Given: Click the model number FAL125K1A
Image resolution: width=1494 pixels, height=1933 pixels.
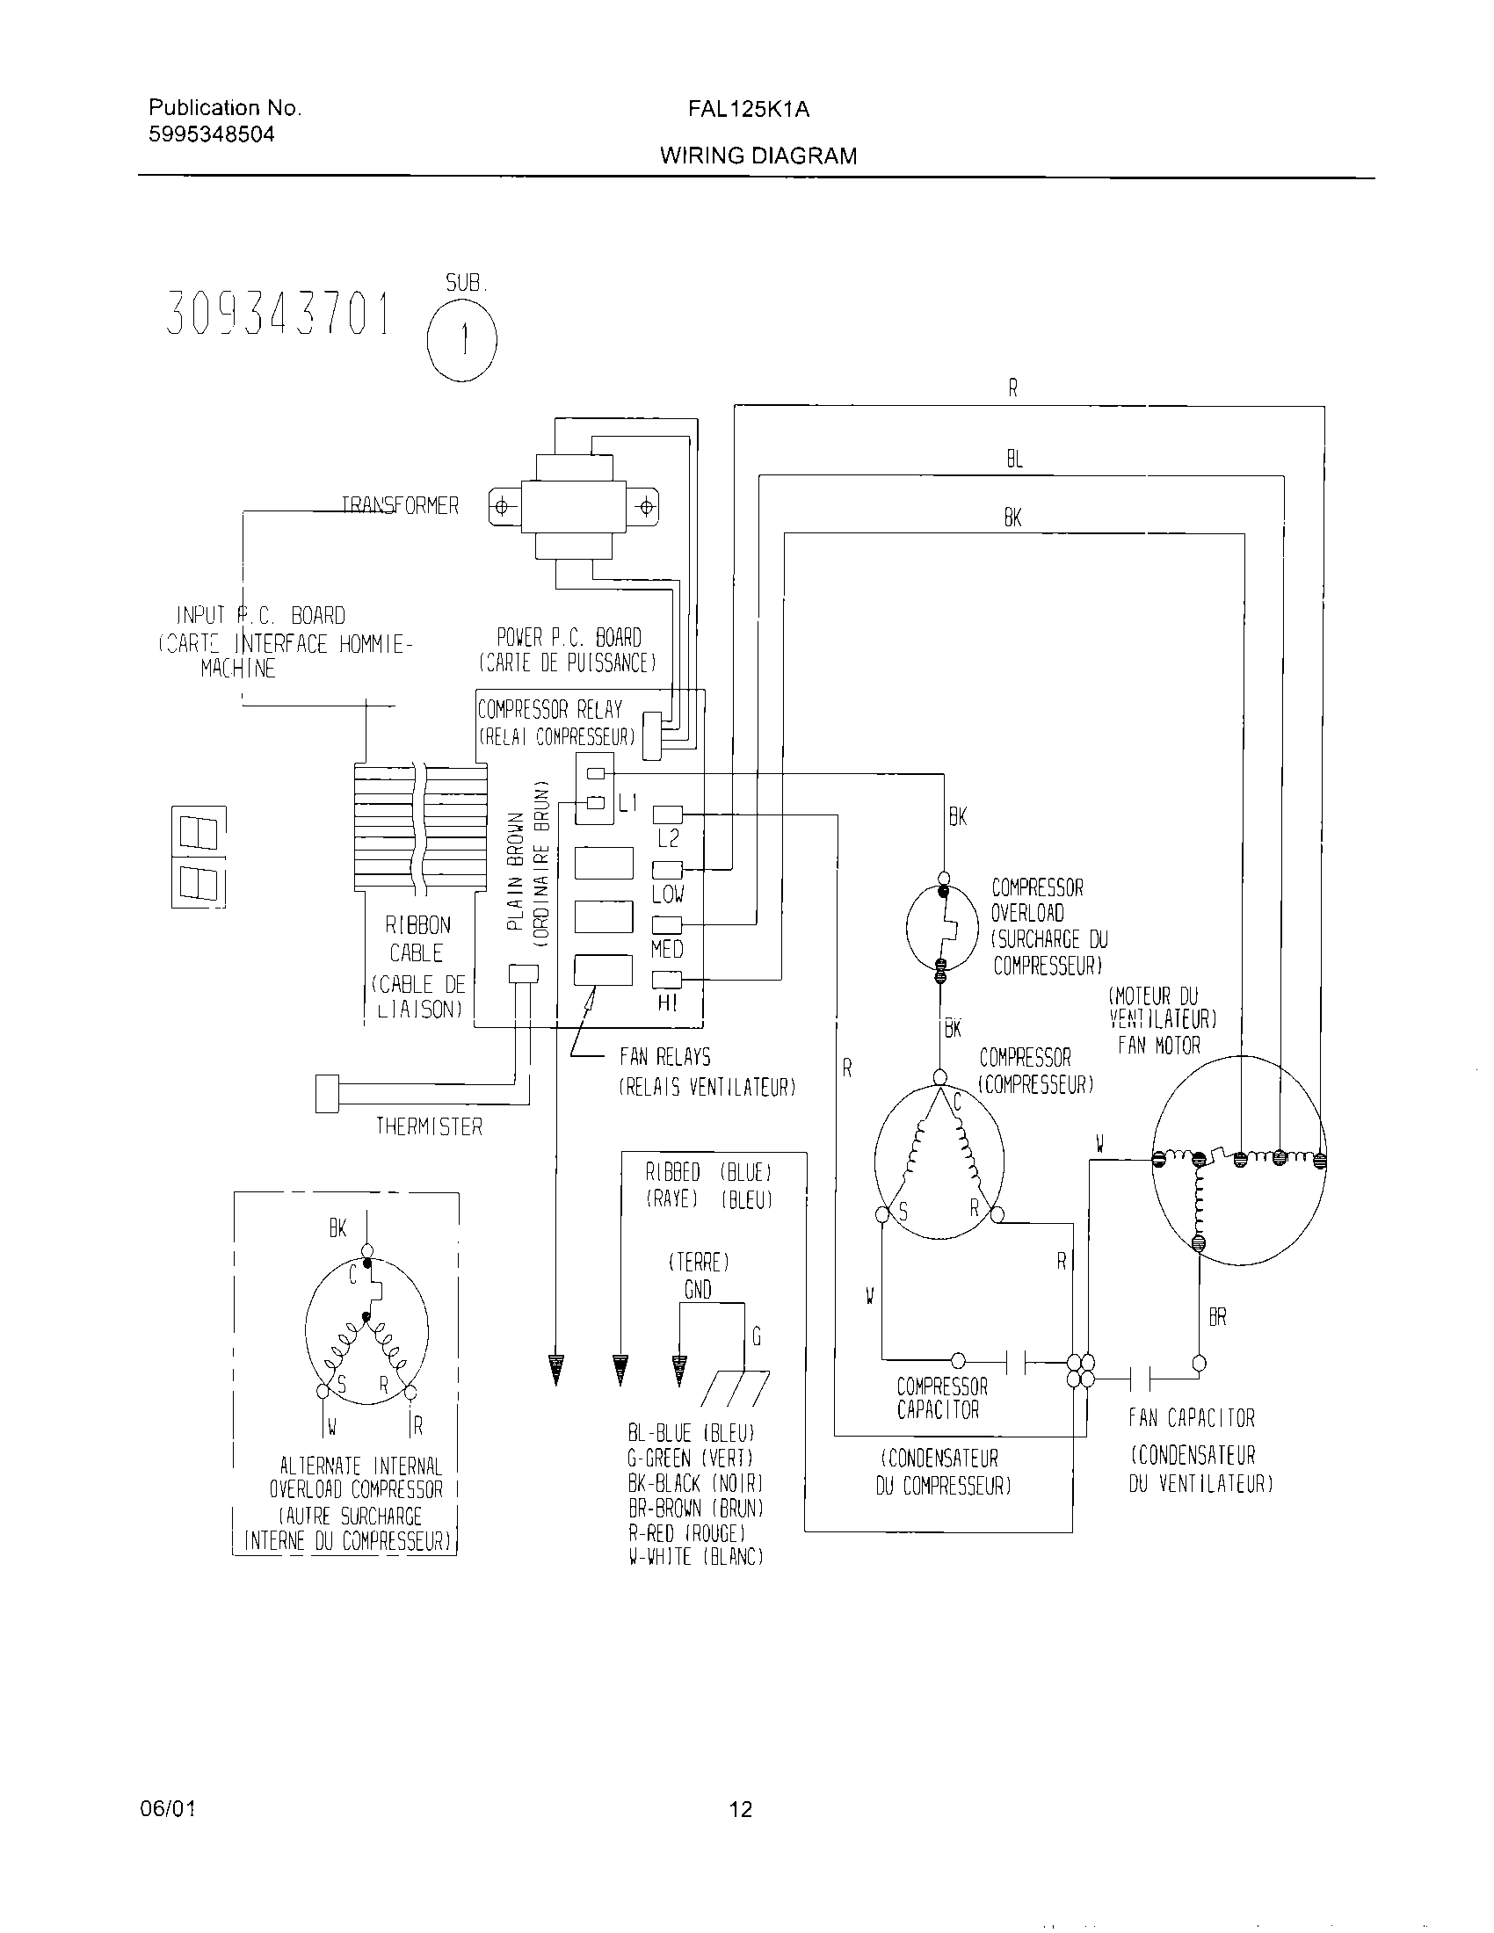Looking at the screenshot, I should (748, 109).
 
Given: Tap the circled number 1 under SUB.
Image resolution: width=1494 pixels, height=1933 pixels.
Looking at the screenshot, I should (462, 342).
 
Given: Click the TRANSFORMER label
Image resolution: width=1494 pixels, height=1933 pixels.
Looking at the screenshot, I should (401, 505).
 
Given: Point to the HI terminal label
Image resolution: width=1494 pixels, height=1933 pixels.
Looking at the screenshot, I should (667, 1003).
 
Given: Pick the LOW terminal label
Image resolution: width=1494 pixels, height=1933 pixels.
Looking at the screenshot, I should (667, 894).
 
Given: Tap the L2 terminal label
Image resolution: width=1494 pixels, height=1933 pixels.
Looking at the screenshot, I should (667, 838).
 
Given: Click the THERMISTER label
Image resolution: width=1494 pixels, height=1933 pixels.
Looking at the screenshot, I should (429, 1126).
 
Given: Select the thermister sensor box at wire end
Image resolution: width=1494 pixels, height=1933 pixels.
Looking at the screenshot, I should (327, 1093).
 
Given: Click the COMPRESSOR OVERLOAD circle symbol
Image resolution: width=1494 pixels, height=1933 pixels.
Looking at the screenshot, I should (942, 927).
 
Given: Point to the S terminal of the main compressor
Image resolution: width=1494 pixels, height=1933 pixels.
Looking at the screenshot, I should (881, 1215).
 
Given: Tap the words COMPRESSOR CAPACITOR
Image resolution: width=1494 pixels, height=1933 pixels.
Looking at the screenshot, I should (941, 1399).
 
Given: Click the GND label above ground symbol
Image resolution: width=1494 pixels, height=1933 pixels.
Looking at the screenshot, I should (698, 1290).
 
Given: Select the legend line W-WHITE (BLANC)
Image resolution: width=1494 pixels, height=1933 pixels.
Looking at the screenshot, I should (696, 1557).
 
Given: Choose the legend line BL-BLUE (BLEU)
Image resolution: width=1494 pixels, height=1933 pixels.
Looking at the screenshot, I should (692, 1433).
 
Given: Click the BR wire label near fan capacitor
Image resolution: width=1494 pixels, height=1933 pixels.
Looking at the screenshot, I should (1217, 1318).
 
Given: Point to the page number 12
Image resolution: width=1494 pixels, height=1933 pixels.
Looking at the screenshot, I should (741, 1809).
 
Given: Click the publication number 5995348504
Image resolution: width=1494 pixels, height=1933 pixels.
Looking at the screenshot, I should (212, 134).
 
